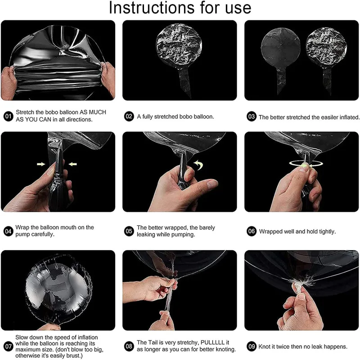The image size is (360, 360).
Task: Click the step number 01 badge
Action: [x=9, y=116]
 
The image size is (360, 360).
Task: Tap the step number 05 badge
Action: [x=129, y=231]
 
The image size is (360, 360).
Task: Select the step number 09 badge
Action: [x=252, y=346]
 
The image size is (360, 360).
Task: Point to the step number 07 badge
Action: [x=9, y=346]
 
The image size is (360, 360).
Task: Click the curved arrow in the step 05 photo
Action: [x=199, y=165]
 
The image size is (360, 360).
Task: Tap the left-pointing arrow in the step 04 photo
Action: [x=73, y=164]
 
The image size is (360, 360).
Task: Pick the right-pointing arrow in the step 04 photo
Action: [x=41, y=164]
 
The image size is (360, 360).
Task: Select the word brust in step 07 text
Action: [x=73, y=356]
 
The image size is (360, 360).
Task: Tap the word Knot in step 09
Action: [x=265, y=346]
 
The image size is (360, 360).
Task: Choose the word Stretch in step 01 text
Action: [x=25, y=112]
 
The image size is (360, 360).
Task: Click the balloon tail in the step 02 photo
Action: [x=185, y=81]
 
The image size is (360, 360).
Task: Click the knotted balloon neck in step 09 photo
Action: [x=298, y=285]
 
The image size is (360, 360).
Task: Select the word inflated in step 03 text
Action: [x=349, y=117]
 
